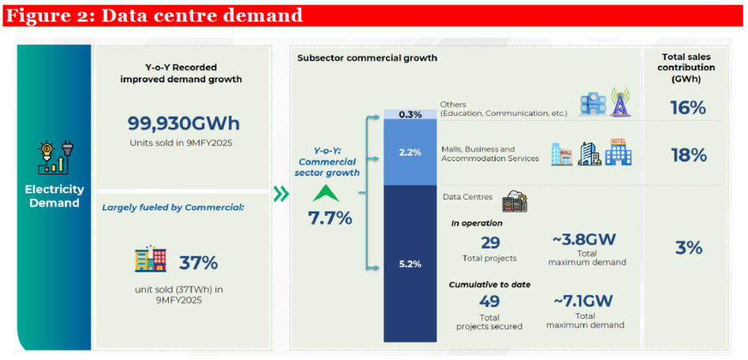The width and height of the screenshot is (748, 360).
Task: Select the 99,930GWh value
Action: pyautogui.click(x=183, y=123)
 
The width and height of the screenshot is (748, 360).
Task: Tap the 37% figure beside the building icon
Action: pyautogui.click(x=198, y=262)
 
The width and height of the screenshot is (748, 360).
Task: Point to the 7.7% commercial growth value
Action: pyautogui.click(x=330, y=218)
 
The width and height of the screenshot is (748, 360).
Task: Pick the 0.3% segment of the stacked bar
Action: pyautogui.click(x=410, y=114)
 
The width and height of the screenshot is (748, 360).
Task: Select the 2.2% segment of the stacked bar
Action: pyautogui.click(x=410, y=152)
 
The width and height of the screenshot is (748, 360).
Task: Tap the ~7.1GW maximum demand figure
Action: pyautogui.click(x=585, y=300)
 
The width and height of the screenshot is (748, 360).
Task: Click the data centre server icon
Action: pyautogui.click(x=514, y=202)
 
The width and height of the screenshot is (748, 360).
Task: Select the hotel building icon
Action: pyautogui.click(x=619, y=152)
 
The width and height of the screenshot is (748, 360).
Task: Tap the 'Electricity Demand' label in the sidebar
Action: pyautogui.click(x=53, y=196)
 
